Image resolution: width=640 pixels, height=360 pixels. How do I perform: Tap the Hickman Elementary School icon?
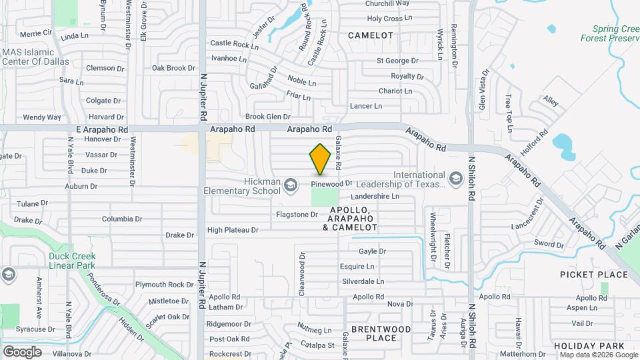coord(290,184)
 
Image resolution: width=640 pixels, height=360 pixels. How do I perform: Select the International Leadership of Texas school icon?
coord(455,178)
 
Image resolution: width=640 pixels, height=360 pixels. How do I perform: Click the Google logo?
coord(23,351)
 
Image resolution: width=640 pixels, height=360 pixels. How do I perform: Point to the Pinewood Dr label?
coord(331,183)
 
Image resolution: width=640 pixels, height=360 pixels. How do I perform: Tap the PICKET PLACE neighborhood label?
coord(594,275)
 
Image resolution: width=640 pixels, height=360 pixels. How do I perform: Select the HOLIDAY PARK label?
coord(589,346)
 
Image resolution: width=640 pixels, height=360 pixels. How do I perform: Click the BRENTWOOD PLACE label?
coord(381,333)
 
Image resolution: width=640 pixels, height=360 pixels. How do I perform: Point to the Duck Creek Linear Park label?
coord(71,261)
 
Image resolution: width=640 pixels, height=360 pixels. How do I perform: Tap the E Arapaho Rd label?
coord(102,129)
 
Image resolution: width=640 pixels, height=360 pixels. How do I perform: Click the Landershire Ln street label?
coord(375,197)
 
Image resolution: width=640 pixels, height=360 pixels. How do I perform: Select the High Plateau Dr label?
coord(232,230)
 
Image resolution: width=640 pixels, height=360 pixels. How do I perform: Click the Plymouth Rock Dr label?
coord(164,285)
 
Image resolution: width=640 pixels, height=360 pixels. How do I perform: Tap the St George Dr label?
coord(397,61)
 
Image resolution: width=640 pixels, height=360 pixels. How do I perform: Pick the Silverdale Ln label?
coord(363,282)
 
